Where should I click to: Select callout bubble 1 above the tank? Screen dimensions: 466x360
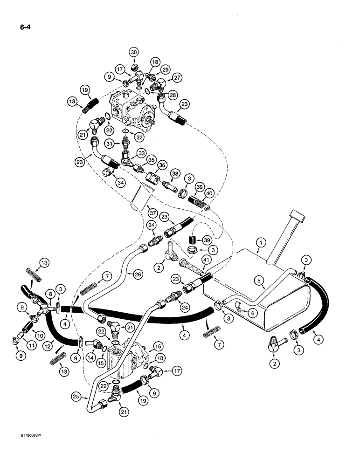[x=262, y=242]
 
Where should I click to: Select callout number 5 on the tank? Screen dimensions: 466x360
[x=259, y=280]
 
